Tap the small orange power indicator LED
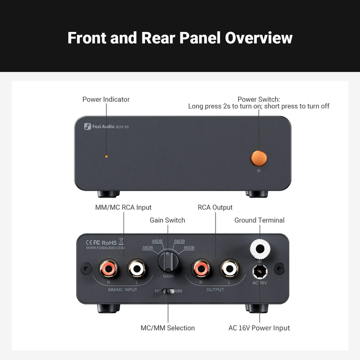[x=106, y=156]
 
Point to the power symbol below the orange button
[x=259, y=171]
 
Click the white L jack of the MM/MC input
[x=136, y=268]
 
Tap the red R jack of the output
[x=200, y=268]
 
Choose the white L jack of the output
[x=228, y=268]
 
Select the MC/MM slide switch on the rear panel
[x=168, y=292]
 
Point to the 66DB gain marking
[x=188, y=248]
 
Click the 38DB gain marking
[x=147, y=248]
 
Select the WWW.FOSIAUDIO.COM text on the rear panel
[x=105, y=247]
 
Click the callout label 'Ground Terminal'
[x=259, y=220]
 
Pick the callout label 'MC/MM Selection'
[x=168, y=328]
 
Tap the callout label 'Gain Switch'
[x=167, y=220]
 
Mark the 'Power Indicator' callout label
[x=106, y=99]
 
